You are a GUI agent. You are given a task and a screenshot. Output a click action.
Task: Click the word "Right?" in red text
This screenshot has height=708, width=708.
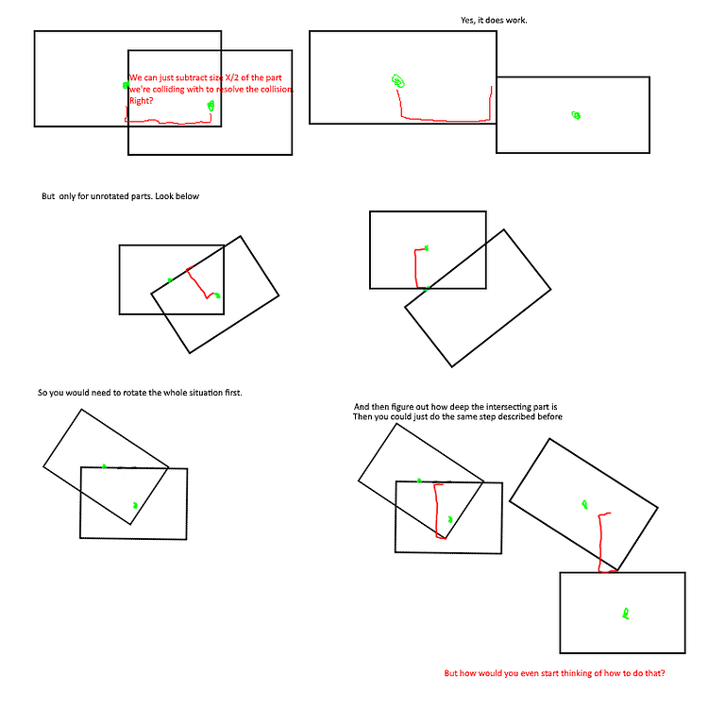point(142,99)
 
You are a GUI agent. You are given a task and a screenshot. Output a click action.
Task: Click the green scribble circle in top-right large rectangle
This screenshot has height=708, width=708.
point(398,81)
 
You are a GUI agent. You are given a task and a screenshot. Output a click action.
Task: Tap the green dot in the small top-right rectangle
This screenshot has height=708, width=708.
point(576,115)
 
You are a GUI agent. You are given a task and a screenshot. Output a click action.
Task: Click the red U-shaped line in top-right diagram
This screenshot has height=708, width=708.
point(444,118)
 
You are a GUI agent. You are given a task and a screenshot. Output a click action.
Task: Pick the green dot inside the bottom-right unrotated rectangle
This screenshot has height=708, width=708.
point(625,615)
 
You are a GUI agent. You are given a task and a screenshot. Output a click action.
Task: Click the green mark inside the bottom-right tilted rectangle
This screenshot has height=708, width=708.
point(584,504)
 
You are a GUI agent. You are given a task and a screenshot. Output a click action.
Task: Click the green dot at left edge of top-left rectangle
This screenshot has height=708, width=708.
point(126,85)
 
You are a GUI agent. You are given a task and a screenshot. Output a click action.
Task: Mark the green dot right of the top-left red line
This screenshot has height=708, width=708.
point(211,105)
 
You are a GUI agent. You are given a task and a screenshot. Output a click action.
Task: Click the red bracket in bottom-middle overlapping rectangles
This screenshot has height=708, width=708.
point(437,510)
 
